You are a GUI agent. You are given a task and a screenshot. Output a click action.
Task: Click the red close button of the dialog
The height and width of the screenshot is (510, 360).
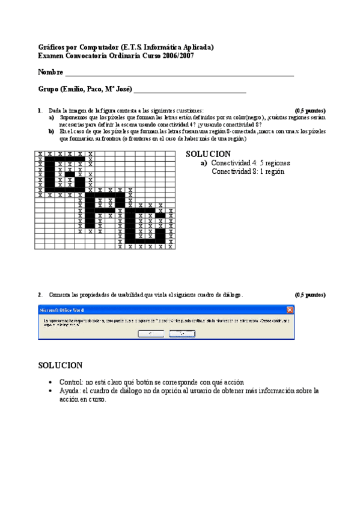pos(290,310)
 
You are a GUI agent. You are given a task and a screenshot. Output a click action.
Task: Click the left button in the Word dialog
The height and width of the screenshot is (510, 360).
pos(150,333)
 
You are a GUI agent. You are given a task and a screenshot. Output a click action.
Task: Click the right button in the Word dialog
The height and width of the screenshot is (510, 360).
pos(182,333)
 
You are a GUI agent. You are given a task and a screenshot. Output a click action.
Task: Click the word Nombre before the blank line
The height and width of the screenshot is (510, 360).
pos(50,72)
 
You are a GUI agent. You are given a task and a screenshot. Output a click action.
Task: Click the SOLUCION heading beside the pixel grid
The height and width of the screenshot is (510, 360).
pos(208,155)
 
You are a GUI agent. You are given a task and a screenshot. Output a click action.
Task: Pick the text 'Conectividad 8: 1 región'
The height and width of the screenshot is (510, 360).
pos(248,171)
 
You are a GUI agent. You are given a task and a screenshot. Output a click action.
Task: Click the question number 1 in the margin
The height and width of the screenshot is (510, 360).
pos(39,111)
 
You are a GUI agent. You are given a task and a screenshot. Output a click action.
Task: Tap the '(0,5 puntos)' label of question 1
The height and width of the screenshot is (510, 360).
pos(310,111)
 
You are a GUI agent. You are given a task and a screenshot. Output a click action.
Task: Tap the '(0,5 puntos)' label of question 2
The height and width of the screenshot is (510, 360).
pos(310,295)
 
